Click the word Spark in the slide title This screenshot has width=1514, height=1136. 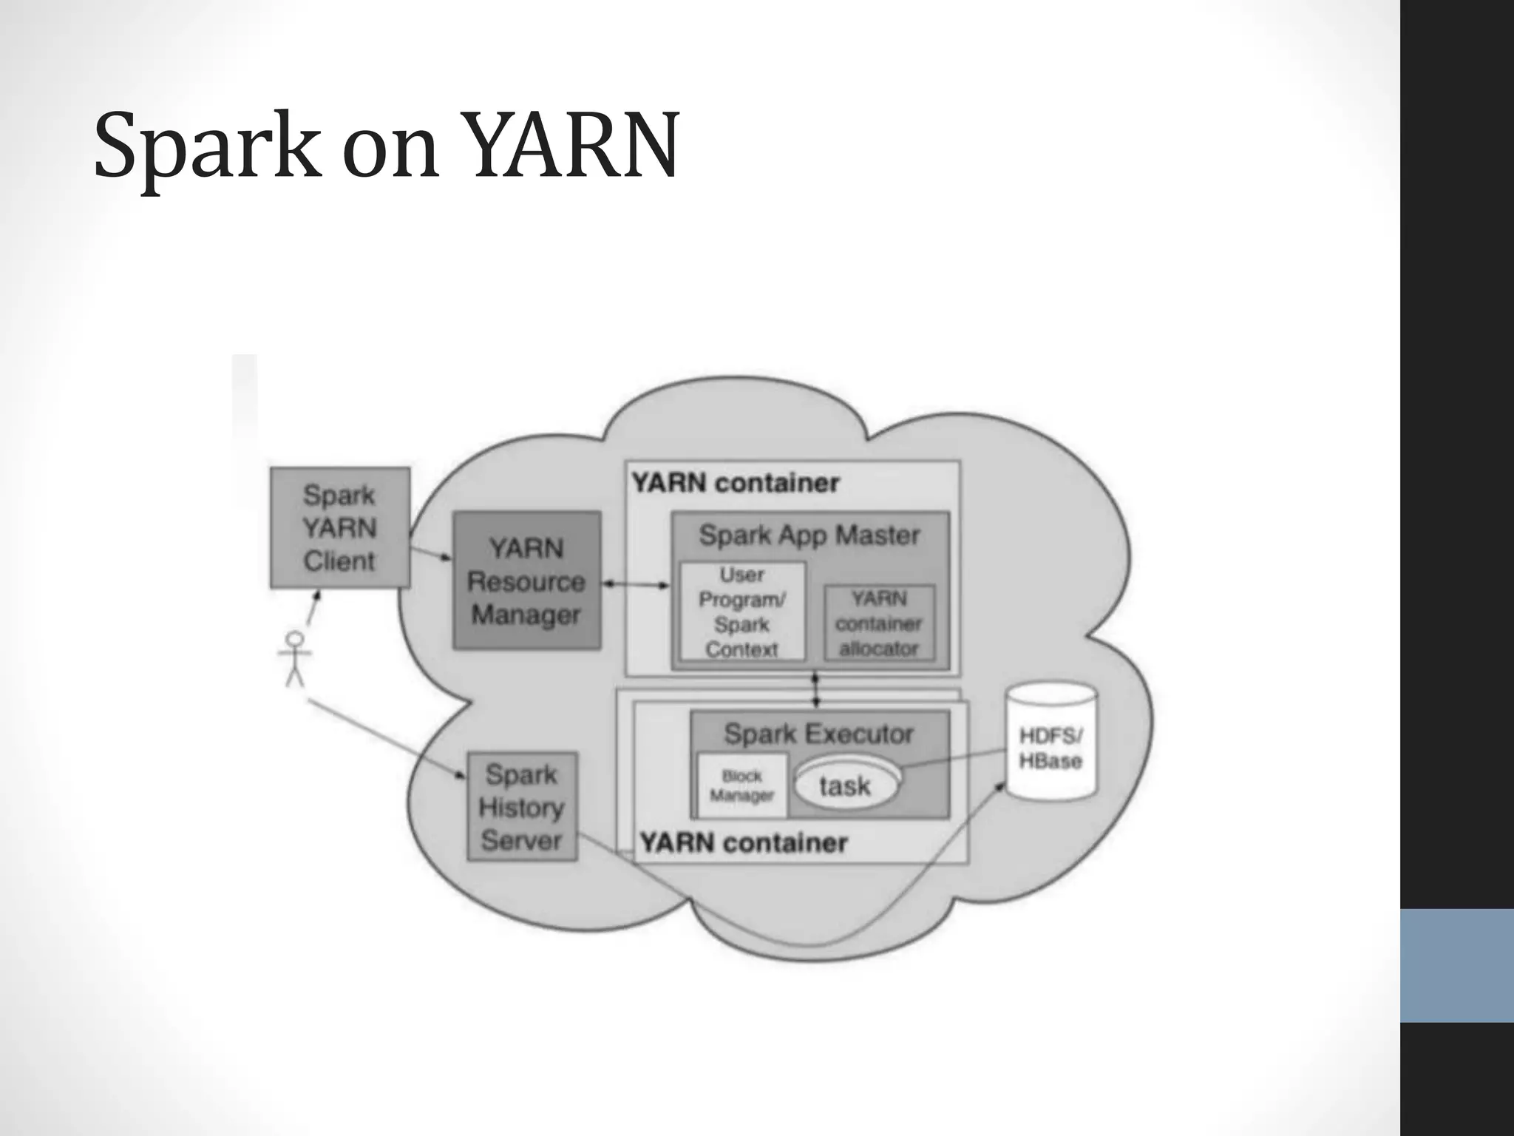click(x=208, y=146)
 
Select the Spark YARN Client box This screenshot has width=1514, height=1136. click(x=339, y=527)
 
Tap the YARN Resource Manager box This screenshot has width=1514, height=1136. click(x=526, y=581)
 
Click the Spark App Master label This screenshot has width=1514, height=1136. click(x=809, y=535)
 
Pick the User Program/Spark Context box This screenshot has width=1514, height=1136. click(x=741, y=612)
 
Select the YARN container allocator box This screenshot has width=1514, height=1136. click(x=879, y=623)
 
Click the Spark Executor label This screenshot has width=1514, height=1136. click(x=818, y=734)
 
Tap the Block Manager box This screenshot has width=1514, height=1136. click(x=741, y=786)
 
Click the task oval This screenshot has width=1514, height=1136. click(x=846, y=785)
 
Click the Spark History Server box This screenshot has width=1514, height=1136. click(x=521, y=807)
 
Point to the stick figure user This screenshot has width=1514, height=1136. click(x=295, y=657)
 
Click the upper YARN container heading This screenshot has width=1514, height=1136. click(x=736, y=483)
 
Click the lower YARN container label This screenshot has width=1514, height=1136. click(x=744, y=842)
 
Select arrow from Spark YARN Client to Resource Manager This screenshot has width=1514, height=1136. click(x=430, y=552)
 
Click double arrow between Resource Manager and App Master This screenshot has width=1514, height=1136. click(x=636, y=584)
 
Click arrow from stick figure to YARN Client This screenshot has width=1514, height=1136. click(x=313, y=607)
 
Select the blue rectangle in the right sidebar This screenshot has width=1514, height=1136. click(x=1456, y=965)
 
